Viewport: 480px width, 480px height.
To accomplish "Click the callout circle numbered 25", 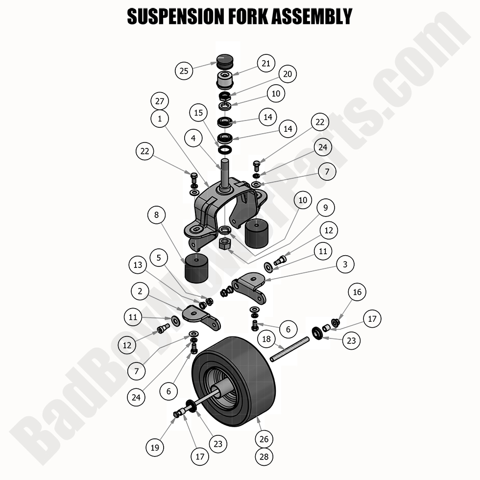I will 184,71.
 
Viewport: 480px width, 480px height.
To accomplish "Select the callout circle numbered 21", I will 265,63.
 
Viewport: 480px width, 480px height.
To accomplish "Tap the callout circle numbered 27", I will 159,101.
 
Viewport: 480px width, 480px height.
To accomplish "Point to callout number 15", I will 198,113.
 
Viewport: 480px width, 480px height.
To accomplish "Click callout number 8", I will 156,215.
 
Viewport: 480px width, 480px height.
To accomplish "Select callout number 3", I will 345,265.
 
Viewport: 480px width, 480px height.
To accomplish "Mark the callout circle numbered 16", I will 357,293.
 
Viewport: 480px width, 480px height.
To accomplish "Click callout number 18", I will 266,339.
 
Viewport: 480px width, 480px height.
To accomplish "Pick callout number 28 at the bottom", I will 264,456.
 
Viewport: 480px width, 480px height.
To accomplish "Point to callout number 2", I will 141,291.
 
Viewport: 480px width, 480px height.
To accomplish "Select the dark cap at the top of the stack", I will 226,62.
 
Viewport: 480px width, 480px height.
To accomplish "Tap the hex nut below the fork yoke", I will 225,243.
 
